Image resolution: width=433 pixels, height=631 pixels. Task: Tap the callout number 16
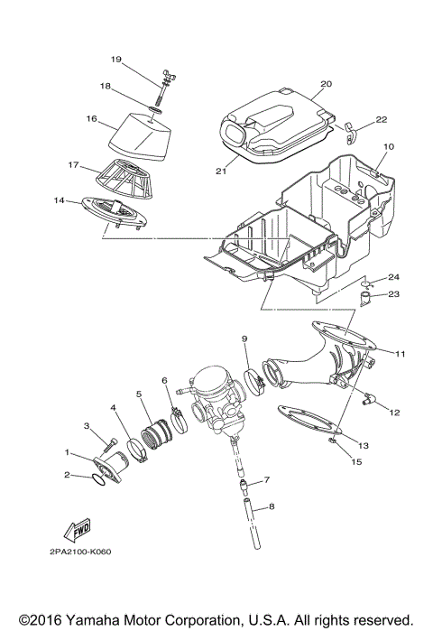tap(91, 117)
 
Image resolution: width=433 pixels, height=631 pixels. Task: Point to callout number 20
tap(326, 84)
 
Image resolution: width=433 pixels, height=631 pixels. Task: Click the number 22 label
tap(382, 119)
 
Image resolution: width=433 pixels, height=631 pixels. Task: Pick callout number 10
tap(390, 145)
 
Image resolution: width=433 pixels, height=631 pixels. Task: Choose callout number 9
tap(244, 339)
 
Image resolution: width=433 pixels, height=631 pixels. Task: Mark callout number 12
tap(394, 413)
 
